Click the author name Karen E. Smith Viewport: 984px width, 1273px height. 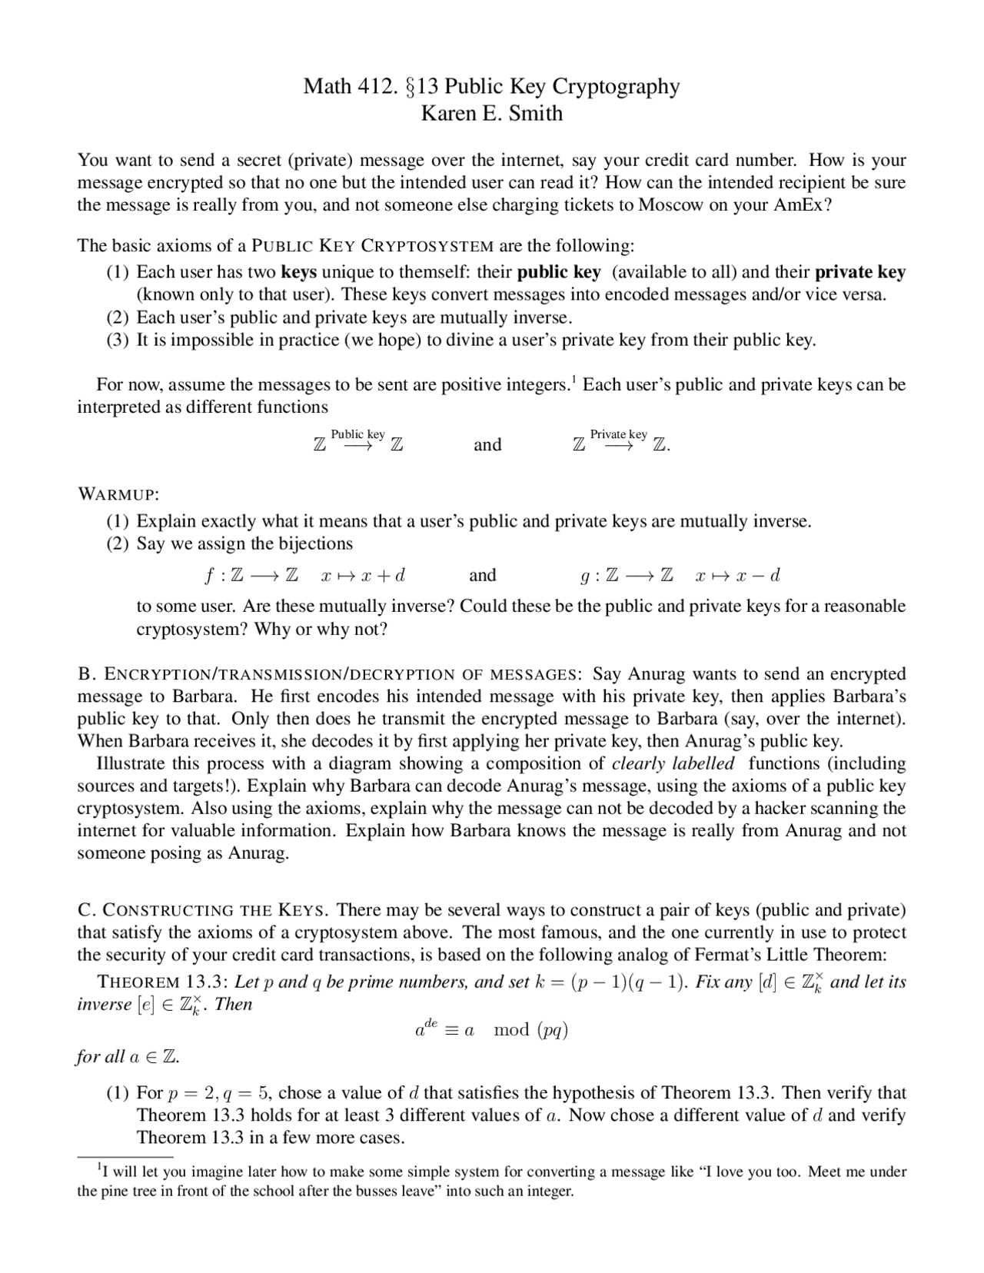click(491, 114)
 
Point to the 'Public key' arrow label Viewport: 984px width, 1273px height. click(357, 435)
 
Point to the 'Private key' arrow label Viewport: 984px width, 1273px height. click(618, 435)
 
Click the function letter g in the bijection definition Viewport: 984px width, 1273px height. click(585, 576)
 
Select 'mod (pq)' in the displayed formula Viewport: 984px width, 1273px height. click(530, 1030)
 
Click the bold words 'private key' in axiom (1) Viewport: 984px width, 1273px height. click(859, 272)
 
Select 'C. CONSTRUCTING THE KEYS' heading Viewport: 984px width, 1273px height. click(204, 911)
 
